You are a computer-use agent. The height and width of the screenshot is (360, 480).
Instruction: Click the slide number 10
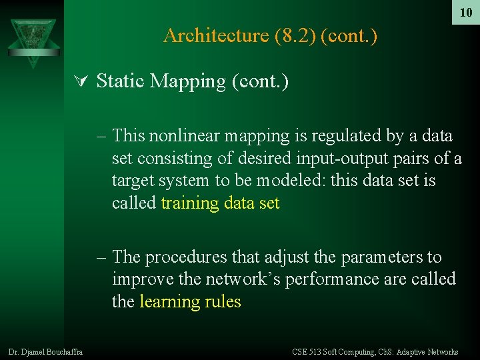point(465,13)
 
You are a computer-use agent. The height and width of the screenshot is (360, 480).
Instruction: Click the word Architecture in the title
point(215,35)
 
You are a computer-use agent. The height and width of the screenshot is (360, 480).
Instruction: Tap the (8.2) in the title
point(294,35)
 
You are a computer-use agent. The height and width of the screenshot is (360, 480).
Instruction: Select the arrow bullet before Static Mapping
point(82,81)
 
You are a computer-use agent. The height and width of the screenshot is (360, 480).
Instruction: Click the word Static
point(121,81)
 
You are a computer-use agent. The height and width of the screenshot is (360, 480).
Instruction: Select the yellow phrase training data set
point(220,203)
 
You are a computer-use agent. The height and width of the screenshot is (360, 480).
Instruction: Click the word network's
point(241,279)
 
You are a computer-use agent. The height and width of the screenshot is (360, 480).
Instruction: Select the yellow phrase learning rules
point(190,301)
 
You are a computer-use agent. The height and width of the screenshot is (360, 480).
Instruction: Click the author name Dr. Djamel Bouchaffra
point(45,351)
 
